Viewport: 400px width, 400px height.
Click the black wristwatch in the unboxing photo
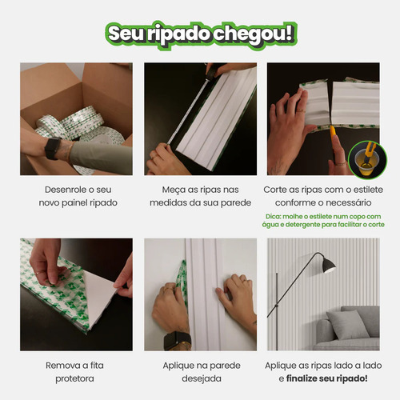pyautogui.click(x=53, y=149)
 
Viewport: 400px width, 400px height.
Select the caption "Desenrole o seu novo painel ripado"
pyautogui.click(x=76, y=196)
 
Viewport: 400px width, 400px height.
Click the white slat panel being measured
pyautogui.click(x=216, y=120)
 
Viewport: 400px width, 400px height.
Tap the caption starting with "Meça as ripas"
pyautogui.click(x=200, y=196)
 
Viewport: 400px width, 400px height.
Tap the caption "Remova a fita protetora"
pyautogui.click(x=76, y=372)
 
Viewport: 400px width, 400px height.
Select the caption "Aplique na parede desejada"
pyautogui.click(x=200, y=372)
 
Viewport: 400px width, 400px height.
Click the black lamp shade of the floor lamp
pyautogui.click(x=327, y=265)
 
